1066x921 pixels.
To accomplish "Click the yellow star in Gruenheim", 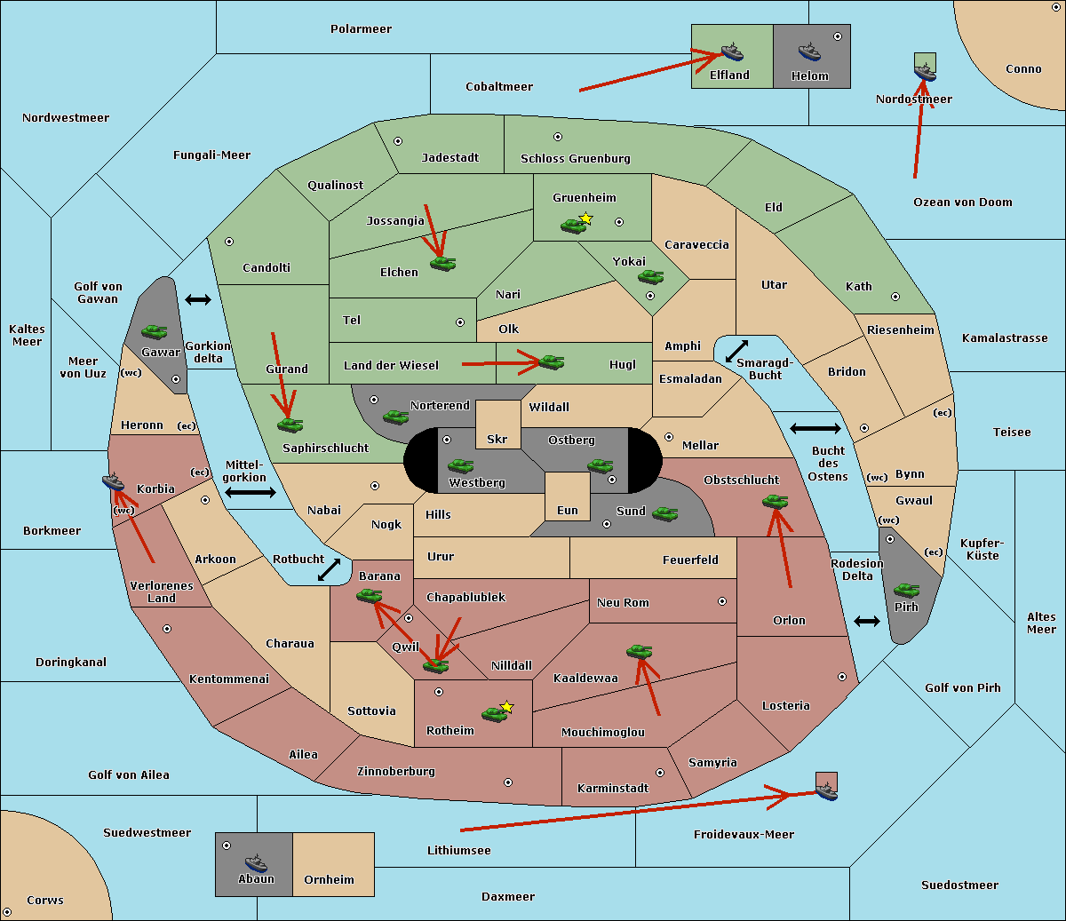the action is click(x=586, y=218).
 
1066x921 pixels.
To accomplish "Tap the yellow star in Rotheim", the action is click(x=506, y=707).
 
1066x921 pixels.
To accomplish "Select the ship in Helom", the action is click(x=809, y=52).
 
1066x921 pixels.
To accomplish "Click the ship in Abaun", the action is click(x=256, y=862).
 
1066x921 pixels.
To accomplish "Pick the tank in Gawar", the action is click(x=155, y=331).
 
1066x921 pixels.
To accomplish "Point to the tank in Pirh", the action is click(x=906, y=590).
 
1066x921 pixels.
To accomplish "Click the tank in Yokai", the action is click(x=650, y=277).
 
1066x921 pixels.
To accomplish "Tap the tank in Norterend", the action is click(x=395, y=417).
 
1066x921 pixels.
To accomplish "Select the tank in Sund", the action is click(x=664, y=514).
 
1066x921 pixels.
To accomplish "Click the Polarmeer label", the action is click(x=361, y=29).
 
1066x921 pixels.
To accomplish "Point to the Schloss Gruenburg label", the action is click(x=576, y=158).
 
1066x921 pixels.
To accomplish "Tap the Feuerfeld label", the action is click(x=690, y=560).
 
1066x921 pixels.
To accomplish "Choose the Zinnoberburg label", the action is click(x=396, y=772).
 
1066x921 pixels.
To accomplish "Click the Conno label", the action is click(x=1023, y=69).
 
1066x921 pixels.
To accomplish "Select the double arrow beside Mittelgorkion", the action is click(x=251, y=492).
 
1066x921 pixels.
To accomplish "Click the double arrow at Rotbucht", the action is click(x=329, y=569).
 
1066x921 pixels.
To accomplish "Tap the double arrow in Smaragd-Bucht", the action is click(x=736, y=351).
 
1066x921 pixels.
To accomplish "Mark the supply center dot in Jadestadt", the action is click(x=398, y=141).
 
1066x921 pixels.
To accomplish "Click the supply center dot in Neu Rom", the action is click(x=722, y=601).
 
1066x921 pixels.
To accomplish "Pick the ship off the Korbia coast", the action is click(x=114, y=482).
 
